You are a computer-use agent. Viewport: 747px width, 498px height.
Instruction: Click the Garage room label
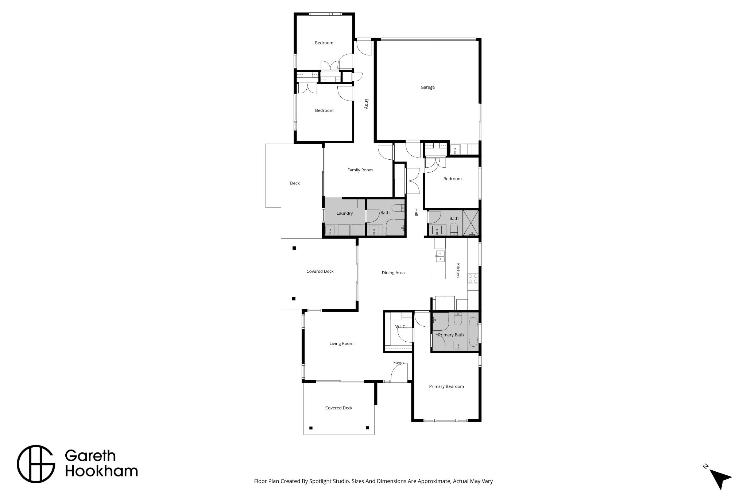tap(427, 87)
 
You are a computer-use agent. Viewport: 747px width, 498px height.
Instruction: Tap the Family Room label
tap(360, 170)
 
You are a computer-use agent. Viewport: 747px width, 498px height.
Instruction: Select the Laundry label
tap(345, 213)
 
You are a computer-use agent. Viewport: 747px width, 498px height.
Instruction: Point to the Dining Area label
tap(393, 273)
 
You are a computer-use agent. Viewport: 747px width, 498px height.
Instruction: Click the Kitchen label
tap(458, 271)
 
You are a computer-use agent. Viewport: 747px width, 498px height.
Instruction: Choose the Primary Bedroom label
tap(446, 386)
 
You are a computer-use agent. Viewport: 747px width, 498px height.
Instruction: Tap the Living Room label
tap(341, 343)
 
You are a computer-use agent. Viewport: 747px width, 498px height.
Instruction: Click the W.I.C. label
tap(400, 327)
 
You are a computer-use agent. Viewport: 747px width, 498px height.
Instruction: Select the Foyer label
tap(399, 362)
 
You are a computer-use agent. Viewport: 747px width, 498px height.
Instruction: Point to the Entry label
tap(367, 104)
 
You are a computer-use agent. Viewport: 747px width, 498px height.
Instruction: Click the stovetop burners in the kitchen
tap(473, 279)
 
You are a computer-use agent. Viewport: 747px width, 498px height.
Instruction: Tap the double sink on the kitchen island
tap(440, 256)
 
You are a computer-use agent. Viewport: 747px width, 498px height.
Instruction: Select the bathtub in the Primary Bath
tap(473, 332)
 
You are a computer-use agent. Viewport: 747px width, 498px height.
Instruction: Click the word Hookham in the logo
tap(101, 471)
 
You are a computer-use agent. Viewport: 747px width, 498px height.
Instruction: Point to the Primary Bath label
tap(451, 335)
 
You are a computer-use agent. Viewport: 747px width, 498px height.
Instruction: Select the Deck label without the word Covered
tap(295, 183)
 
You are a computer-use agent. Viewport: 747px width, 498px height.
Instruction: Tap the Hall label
tap(416, 213)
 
